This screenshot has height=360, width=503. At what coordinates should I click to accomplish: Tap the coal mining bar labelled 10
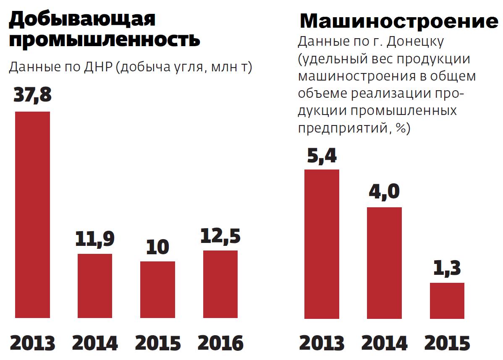157,289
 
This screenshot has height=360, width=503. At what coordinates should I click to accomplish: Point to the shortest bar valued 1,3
447,300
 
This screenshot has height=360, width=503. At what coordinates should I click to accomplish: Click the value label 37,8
32,95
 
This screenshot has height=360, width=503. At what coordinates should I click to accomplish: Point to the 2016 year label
220,343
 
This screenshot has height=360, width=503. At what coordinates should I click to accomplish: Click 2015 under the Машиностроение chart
447,343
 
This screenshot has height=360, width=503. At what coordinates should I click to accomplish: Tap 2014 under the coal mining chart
94,343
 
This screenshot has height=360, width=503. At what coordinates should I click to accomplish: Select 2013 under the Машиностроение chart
321,343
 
